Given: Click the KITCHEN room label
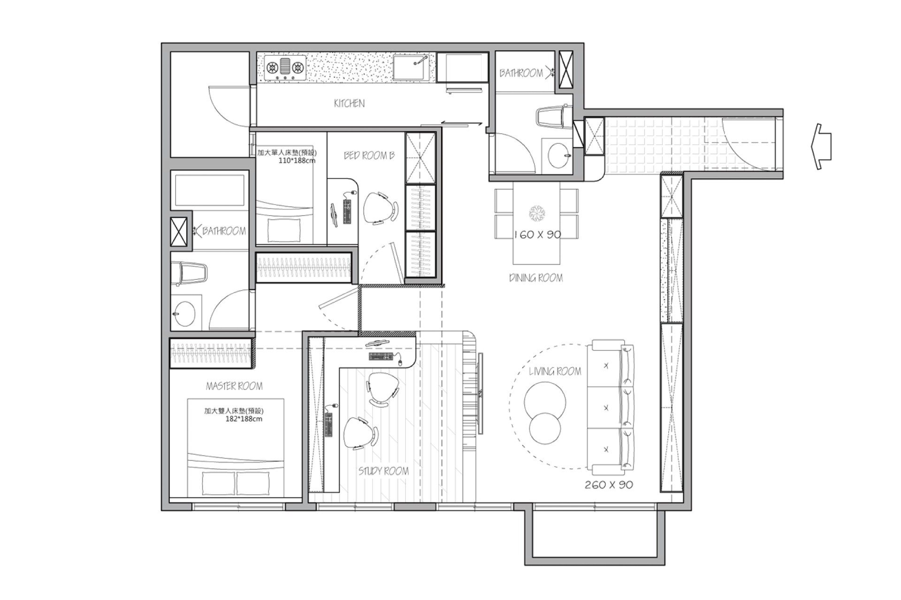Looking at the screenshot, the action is (x=349, y=103).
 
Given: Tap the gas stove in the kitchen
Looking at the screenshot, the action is (x=285, y=68).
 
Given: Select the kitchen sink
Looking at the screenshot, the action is (x=411, y=68).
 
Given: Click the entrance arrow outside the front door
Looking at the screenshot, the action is (x=821, y=146).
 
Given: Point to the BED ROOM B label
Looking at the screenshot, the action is (x=369, y=155).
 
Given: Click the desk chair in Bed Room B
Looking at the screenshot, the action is (x=380, y=208).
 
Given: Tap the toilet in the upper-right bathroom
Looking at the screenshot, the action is (x=554, y=117).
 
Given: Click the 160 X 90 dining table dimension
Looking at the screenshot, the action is (x=538, y=234).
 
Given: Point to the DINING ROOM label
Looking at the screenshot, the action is (x=536, y=278).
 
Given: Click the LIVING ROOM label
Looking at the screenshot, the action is (x=555, y=372).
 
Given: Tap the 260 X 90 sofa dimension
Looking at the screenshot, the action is (x=609, y=485).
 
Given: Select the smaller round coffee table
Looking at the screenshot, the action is (x=545, y=428).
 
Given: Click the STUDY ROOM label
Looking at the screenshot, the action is (x=383, y=471).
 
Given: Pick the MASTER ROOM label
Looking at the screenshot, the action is (x=234, y=386).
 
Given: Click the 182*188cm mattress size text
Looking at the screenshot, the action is (x=244, y=419).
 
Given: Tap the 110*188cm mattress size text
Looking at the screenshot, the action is (x=297, y=160).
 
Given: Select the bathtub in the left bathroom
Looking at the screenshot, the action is (x=209, y=190).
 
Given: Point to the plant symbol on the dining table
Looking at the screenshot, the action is (x=537, y=213).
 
